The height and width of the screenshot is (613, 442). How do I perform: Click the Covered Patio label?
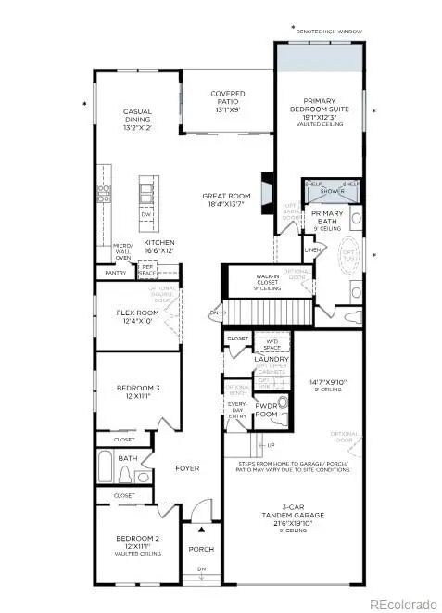pos(228,99)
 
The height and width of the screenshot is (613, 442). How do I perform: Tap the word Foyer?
pos(188,468)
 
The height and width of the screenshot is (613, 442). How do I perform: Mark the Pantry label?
pos(115,274)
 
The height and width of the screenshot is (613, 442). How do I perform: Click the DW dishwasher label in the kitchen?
pos(146,214)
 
